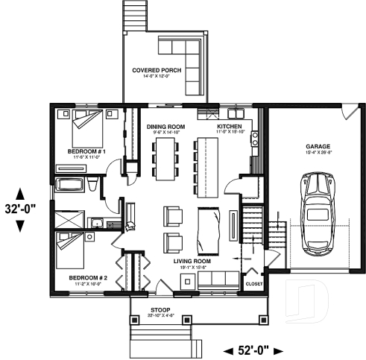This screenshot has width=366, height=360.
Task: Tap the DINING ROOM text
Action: point(165,127)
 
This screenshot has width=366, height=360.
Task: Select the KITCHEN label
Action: point(229,127)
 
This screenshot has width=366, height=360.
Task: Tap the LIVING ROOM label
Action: point(192,262)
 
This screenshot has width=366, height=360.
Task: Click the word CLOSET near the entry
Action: point(254,284)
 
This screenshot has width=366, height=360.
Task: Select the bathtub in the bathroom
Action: point(69,186)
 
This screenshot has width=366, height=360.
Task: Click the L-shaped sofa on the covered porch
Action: point(186,67)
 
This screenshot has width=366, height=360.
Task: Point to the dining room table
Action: point(165,157)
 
